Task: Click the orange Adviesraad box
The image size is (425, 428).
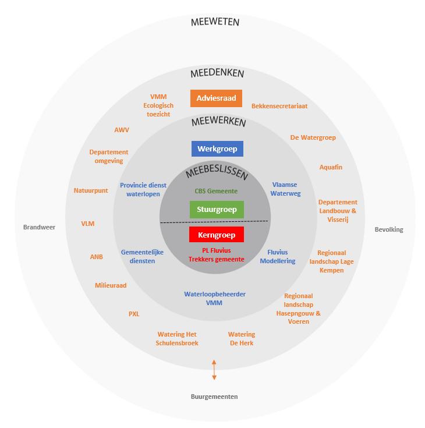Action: pos(216,98)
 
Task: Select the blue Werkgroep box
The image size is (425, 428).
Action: pos(217,148)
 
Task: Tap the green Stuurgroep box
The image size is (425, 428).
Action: pos(217,209)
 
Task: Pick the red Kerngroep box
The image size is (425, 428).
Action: pos(217,235)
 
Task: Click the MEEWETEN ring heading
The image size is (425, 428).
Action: pos(215,23)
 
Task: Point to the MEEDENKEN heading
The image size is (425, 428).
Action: pos(217,74)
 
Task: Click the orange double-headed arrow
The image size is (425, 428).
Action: pos(214,370)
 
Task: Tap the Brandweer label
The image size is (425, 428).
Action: pos(39,227)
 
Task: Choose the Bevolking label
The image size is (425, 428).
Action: pos(388,229)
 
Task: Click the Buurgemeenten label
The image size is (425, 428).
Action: pos(214,397)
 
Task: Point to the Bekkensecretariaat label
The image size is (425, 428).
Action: pos(279,106)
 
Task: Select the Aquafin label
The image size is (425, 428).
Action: pos(331,167)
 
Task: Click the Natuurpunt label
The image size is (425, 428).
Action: pos(91,190)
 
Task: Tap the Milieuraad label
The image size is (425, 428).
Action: pos(111,285)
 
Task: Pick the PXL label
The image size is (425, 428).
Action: pos(134,314)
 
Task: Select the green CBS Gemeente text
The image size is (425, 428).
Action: pos(216,190)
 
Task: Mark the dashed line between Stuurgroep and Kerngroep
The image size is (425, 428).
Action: pos(214,222)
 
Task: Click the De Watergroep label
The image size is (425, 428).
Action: pos(313,137)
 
